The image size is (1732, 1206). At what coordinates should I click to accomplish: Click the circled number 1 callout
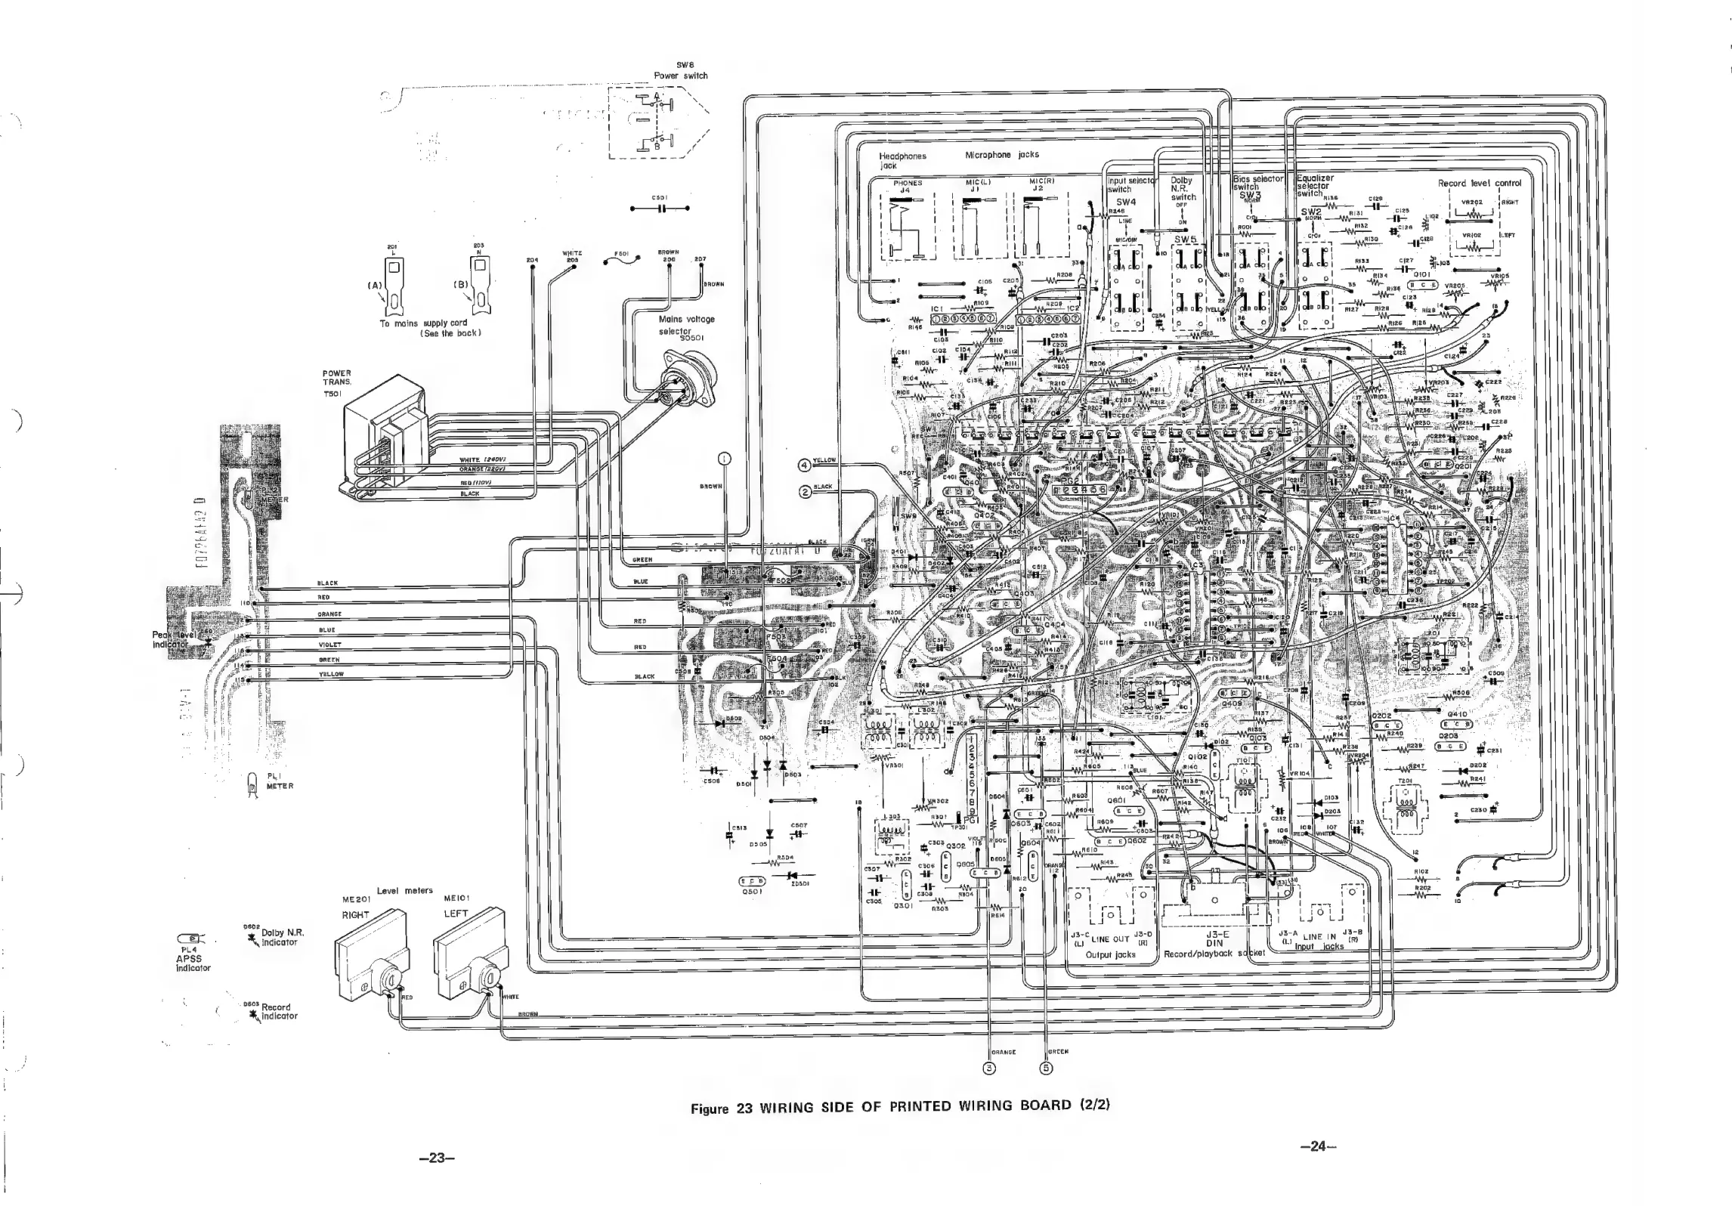tap(724, 459)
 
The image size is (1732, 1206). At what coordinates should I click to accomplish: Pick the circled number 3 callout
tap(988, 1068)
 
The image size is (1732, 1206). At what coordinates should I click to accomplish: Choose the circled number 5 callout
tap(1047, 1068)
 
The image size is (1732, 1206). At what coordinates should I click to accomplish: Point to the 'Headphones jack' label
tap(902, 159)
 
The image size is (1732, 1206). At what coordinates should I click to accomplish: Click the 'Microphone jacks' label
tap(1001, 154)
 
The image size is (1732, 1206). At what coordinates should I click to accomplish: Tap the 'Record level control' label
tap(1479, 183)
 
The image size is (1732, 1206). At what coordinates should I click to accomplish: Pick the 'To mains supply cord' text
tap(423, 323)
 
